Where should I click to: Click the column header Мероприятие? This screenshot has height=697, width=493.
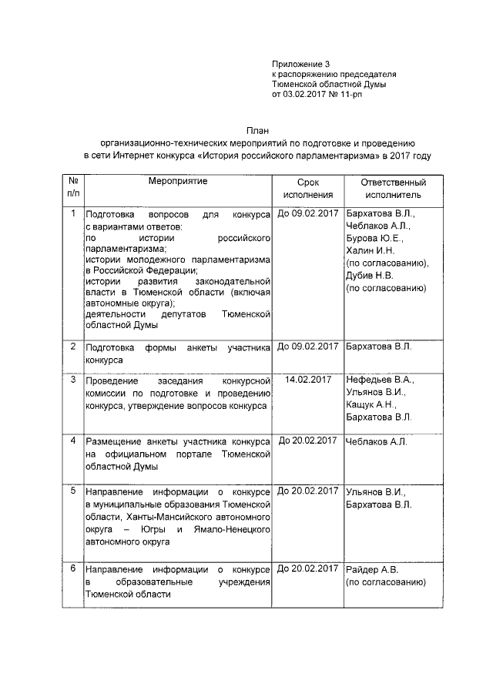tap(178, 181)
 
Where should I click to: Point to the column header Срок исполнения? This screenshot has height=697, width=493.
tap(307, 189)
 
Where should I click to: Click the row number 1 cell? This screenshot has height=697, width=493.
tap(72, 213)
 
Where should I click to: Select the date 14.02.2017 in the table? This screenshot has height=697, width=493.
tap(307, 379)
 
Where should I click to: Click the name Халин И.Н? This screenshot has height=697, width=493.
tap(370, 250)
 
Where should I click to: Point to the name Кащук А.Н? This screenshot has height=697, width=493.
tap(371, 404)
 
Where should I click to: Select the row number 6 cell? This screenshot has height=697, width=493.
tap(72, 568)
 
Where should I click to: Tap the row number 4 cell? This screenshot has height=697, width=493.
tap(72, 441)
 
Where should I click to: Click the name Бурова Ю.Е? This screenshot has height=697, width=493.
tap(374, 238)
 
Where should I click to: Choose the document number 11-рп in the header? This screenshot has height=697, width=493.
tap(362, 95)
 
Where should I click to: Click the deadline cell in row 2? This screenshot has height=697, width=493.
tap(307, 346)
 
